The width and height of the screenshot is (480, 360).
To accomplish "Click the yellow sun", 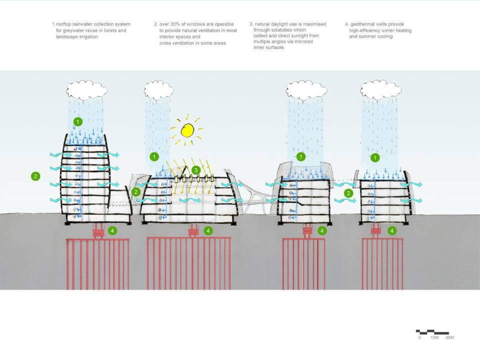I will point(187,130).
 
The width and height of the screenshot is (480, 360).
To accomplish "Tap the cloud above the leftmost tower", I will point(87,90).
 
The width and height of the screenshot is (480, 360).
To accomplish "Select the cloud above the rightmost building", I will point(380,90).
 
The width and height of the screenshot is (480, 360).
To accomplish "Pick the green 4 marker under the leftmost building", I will point(112,231).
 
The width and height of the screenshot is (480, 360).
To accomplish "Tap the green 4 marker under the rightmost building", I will point(392,231).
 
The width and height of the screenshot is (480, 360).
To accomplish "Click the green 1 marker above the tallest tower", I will point(77,121).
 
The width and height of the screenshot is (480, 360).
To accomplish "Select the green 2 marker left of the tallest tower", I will point(35,176).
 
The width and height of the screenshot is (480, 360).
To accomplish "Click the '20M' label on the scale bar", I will point(449,338).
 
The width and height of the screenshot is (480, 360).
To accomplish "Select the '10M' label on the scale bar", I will point(434,338).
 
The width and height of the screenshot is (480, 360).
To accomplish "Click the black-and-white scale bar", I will point(432,331).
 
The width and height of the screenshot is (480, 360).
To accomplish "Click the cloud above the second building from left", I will point(159,90).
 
